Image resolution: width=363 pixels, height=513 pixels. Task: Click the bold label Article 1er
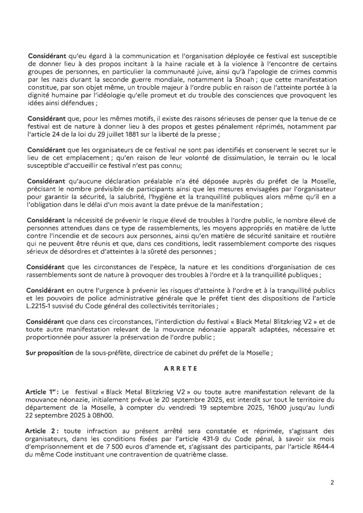[x=43, y=390]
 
